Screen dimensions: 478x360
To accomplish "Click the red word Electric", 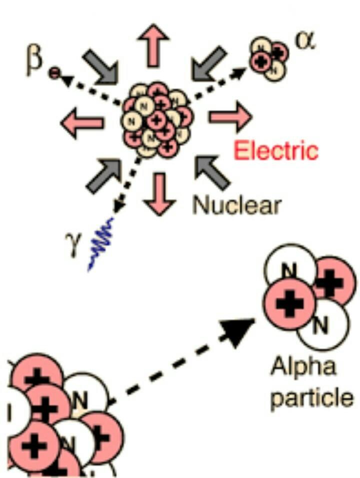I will (x=276, y=150).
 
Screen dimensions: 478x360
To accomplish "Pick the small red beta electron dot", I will (x=53, y=74).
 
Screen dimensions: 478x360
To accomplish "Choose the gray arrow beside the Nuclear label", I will (x=211, y=173).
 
